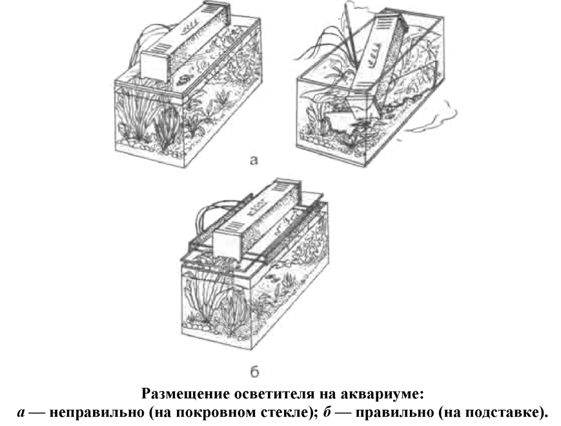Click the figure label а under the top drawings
click(x=254, y=161)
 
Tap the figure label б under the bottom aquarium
click(x=254, y=372)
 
